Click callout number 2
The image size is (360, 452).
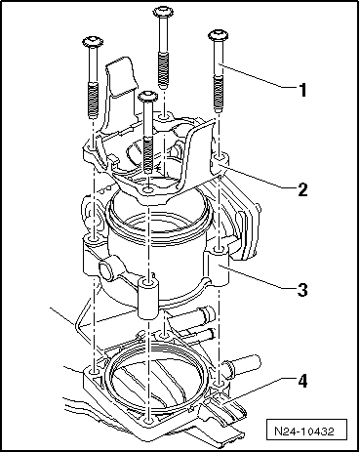pyautogui.click(x=303, y=188)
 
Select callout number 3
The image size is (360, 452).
pyautogui.click(x=303, y=289)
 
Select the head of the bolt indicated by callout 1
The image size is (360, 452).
pyautogui.click(x=215, y=36)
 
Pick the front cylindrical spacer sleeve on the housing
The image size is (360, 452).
pyautogui.click(x=146, y=298)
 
